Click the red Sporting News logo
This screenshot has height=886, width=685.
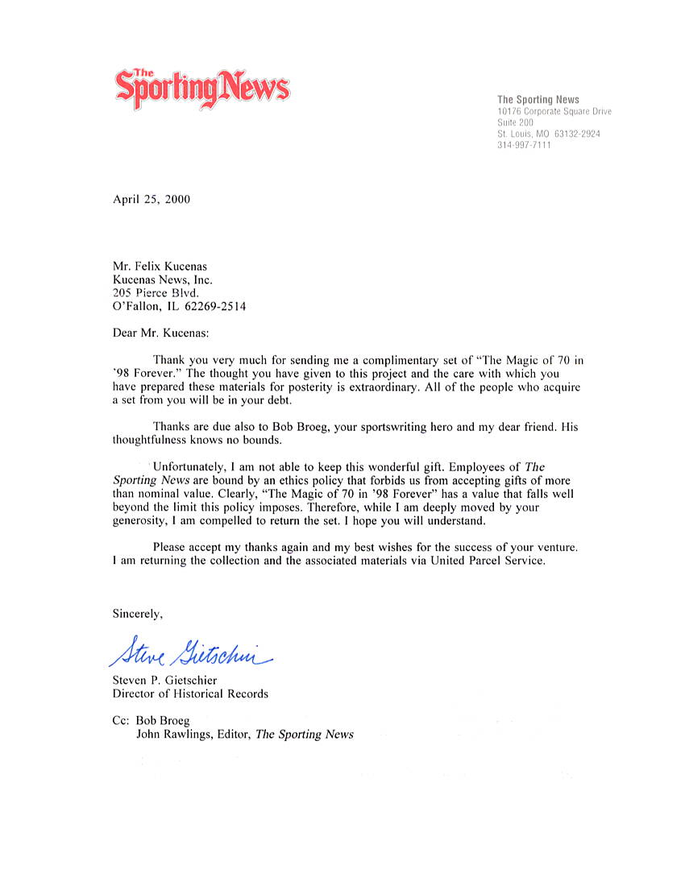coord(201,88)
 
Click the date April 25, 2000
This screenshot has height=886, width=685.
coord(152,199)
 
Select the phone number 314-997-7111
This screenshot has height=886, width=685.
coord(524,145)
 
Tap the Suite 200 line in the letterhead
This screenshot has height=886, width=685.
coord(515,122)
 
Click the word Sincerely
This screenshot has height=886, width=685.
coord(138,614)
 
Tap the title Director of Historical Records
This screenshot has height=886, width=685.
coord(190,693)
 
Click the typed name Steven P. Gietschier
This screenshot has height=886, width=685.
coord(164,680)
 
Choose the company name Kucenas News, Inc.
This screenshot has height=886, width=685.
coord(163,279)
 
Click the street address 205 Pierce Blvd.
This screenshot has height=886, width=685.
coord(156,293)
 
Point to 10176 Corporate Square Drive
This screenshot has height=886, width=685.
coord(554,111)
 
